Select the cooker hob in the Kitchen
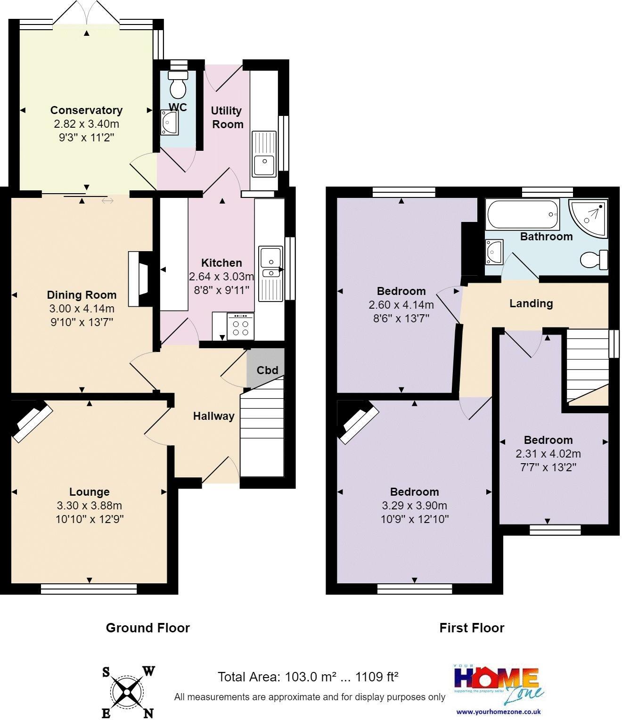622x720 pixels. click(x=240, y=326)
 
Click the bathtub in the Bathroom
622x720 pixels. click(x=522, y=215)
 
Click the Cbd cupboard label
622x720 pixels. click(x=267, y=370)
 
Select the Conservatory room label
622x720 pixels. click(x=86, y=110)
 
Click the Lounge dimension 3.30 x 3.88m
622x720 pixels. click(x=90, y=506)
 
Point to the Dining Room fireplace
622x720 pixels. click(x=140, y=279)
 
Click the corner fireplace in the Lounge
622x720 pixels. click(x=31, y=420)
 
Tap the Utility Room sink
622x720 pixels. click(x=264, y=154)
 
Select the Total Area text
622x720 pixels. click(x=308, y=677)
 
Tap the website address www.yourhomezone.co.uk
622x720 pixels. click(x=498, y=712)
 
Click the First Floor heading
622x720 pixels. click(x=472, y=628)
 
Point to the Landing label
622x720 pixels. click(x=531, y=303)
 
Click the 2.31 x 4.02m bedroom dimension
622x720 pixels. click(x=548, y=454)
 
